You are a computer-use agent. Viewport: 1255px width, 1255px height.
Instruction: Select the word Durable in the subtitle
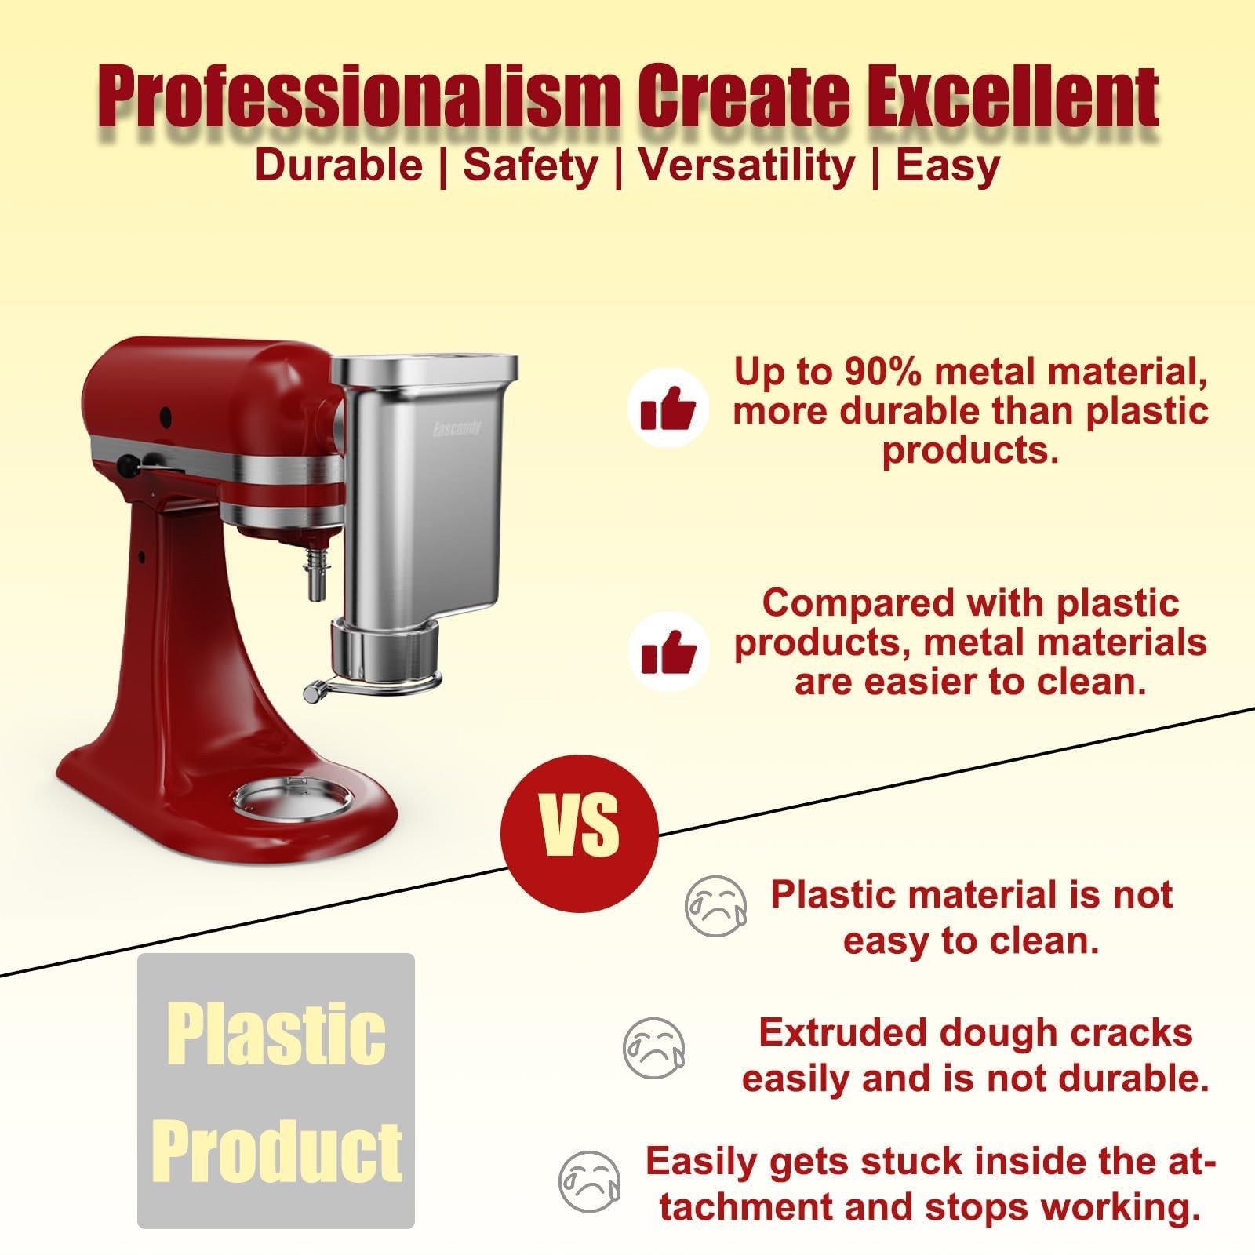[339, 166]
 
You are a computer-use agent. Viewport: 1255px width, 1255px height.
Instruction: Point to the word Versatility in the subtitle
[746, 166]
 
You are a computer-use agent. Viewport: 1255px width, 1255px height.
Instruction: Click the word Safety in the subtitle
[530, 166]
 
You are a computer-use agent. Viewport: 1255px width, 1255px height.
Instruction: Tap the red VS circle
[579, 832]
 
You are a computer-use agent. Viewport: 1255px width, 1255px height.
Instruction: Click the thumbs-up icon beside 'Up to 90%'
[668, 409]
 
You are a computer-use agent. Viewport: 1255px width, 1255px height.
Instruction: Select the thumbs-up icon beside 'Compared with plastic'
[668, 653]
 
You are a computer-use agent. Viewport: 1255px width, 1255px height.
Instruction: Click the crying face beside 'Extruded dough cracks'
[653, 1048]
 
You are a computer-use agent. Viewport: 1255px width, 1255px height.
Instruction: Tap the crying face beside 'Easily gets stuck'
[589, 1181]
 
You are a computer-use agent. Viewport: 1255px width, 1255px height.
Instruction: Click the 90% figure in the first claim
[882, 372]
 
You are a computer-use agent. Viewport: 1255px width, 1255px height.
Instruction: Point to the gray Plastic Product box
[275, 1090]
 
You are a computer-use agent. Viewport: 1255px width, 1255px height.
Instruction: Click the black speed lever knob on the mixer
[125, 466]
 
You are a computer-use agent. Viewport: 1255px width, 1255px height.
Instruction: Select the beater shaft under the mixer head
[317, 577]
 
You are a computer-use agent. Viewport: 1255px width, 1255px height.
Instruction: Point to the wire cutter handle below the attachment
[314, 690]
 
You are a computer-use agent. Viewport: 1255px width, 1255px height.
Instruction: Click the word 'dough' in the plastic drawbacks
[991, 1033]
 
